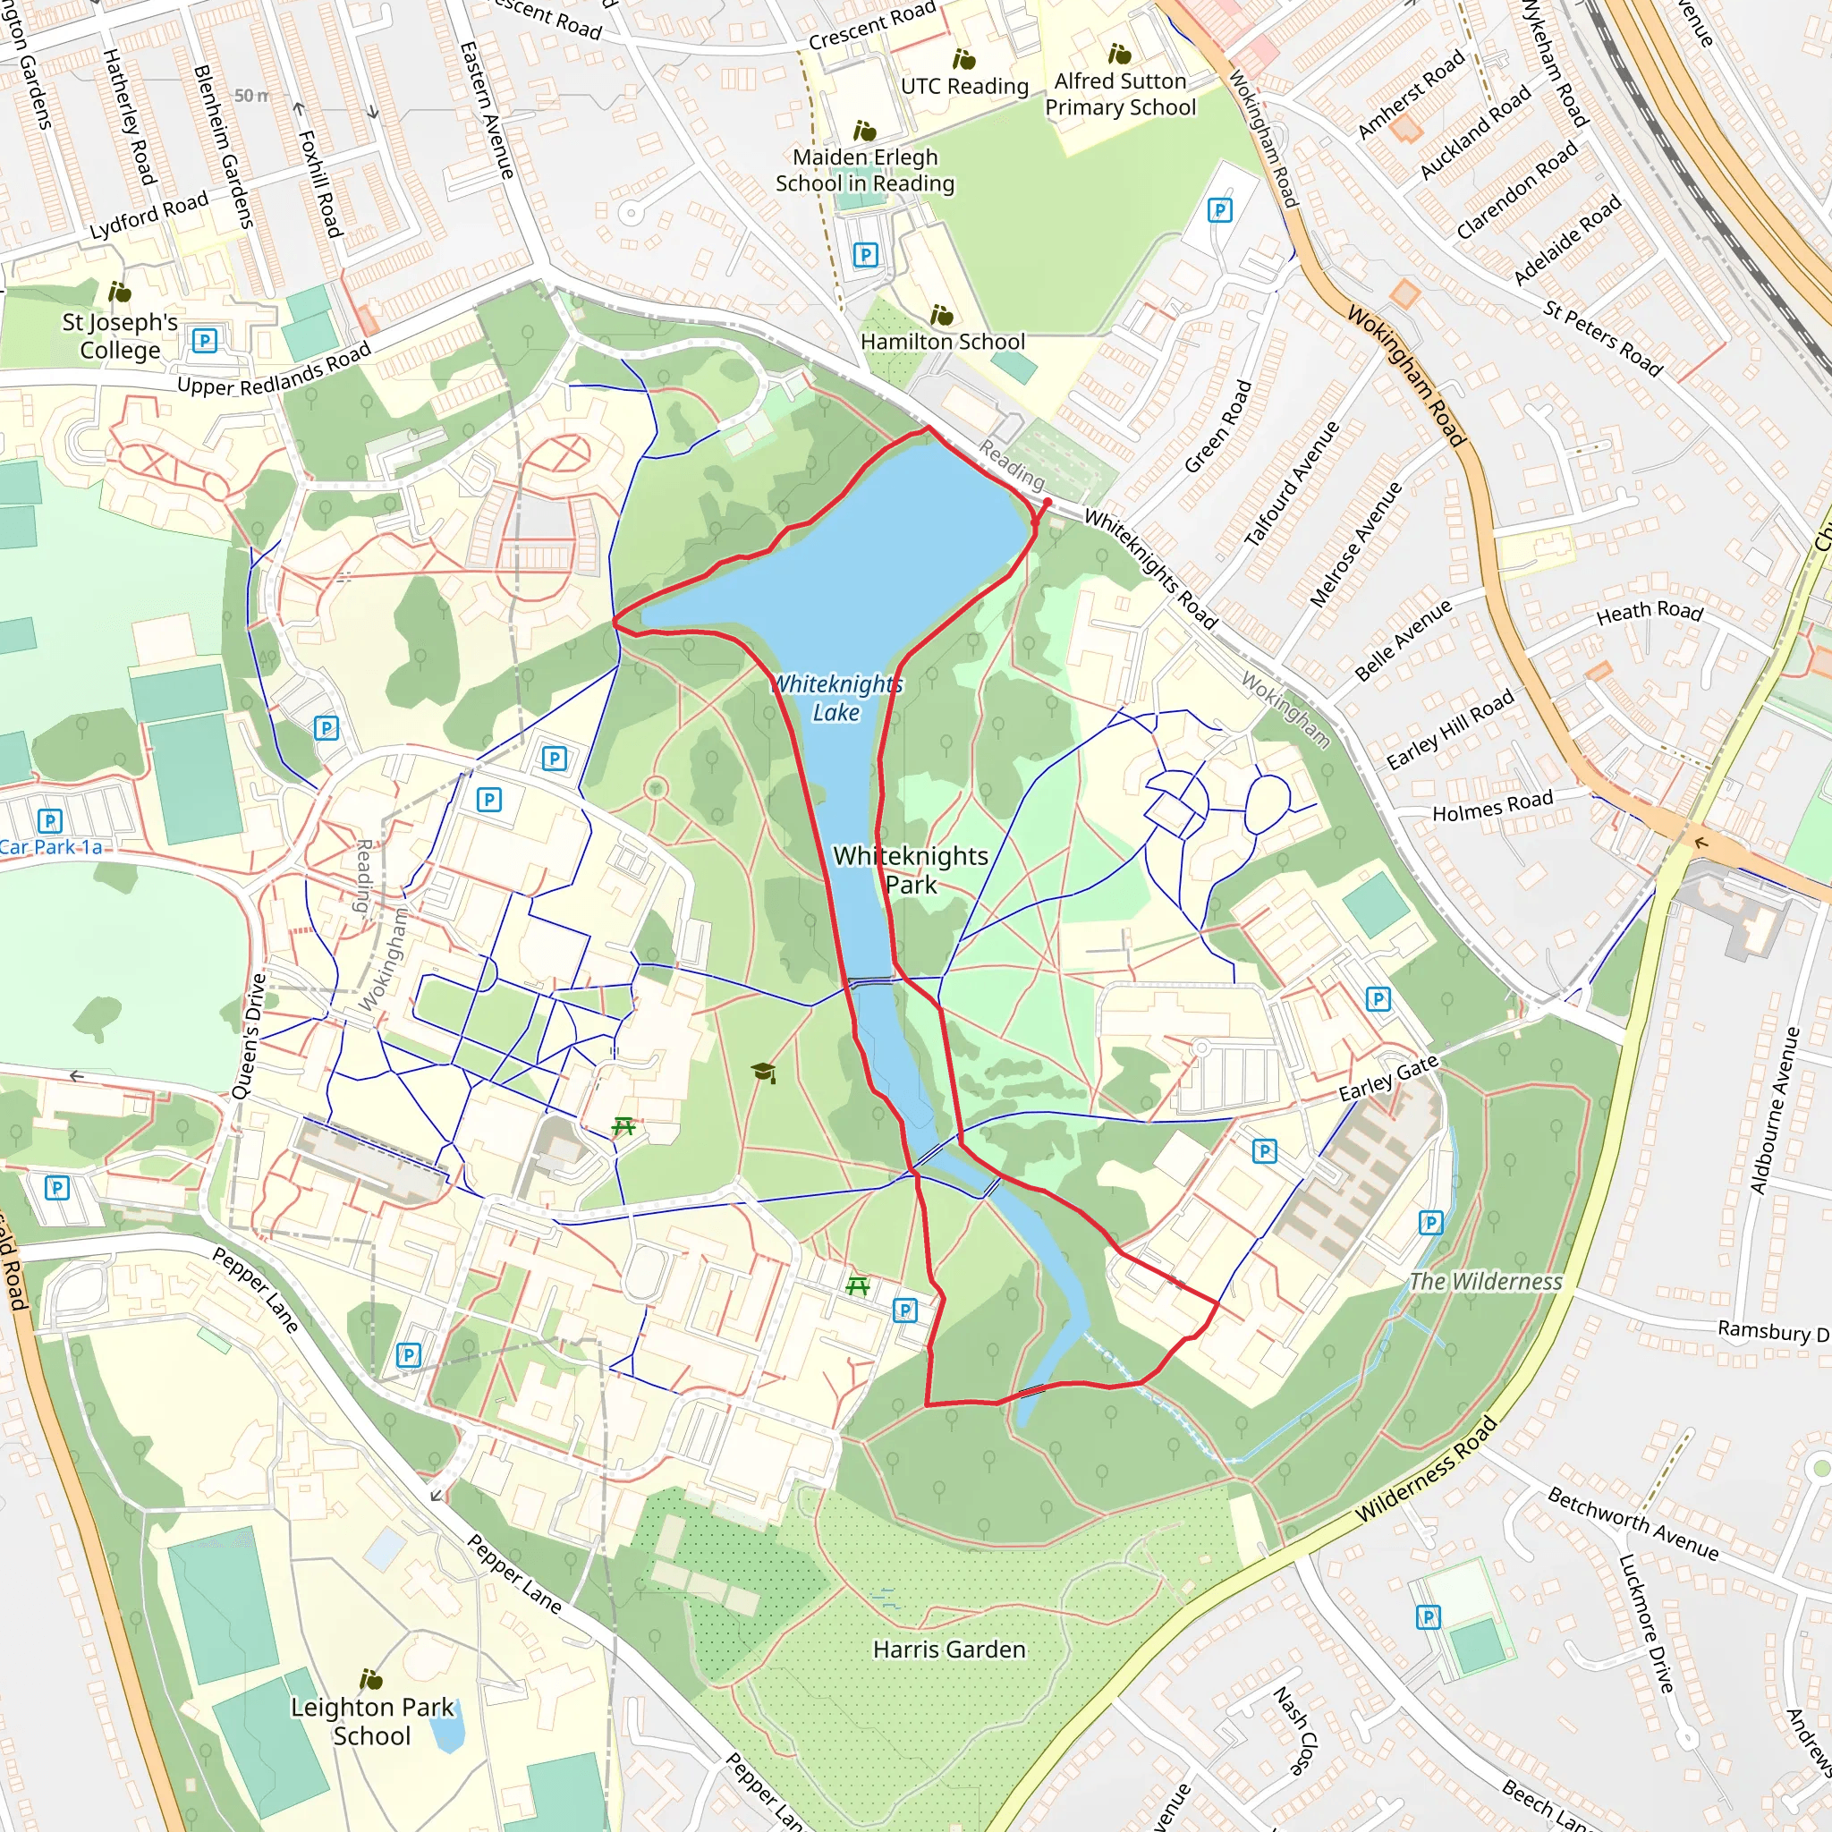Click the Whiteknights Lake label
coord(836,698)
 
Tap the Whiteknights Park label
coord(911,869)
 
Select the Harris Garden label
coord(949,1649)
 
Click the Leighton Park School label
coord(372,1721)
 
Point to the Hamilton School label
coord(943,342)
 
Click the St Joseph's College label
coord(121,335)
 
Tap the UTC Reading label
coord(964,86)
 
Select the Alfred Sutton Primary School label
coord(1120,94)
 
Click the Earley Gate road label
coord(1388,1078)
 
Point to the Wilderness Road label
coord(1426,1469)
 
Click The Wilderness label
coord(1485,1282)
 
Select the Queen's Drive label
coord(250,1036)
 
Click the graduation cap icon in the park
coord(763,1073)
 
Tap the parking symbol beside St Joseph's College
coord(205,341)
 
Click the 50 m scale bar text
coord(252,96)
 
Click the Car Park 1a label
coord(52,847)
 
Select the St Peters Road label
coord(1602,337)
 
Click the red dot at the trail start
coord(1047,503)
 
